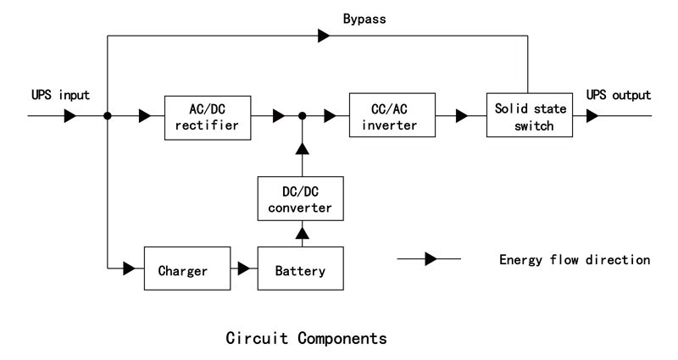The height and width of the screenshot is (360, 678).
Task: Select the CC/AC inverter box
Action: [392, 116]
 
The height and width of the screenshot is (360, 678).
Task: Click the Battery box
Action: [300, 270]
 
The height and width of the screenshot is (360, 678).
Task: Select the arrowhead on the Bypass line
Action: [325, 36]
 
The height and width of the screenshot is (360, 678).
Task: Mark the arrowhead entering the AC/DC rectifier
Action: [146, 116]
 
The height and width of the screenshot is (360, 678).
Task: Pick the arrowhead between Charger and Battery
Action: [244, 270]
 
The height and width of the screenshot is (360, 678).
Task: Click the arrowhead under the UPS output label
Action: [592, 116]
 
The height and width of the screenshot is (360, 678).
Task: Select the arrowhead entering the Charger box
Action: [130, 270]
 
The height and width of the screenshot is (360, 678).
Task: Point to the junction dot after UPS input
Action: [108, 116]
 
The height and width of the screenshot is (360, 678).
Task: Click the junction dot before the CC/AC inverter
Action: [301, 116]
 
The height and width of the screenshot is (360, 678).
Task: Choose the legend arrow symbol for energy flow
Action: [430, 258]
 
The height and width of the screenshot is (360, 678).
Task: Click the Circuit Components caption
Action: [307, 338]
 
